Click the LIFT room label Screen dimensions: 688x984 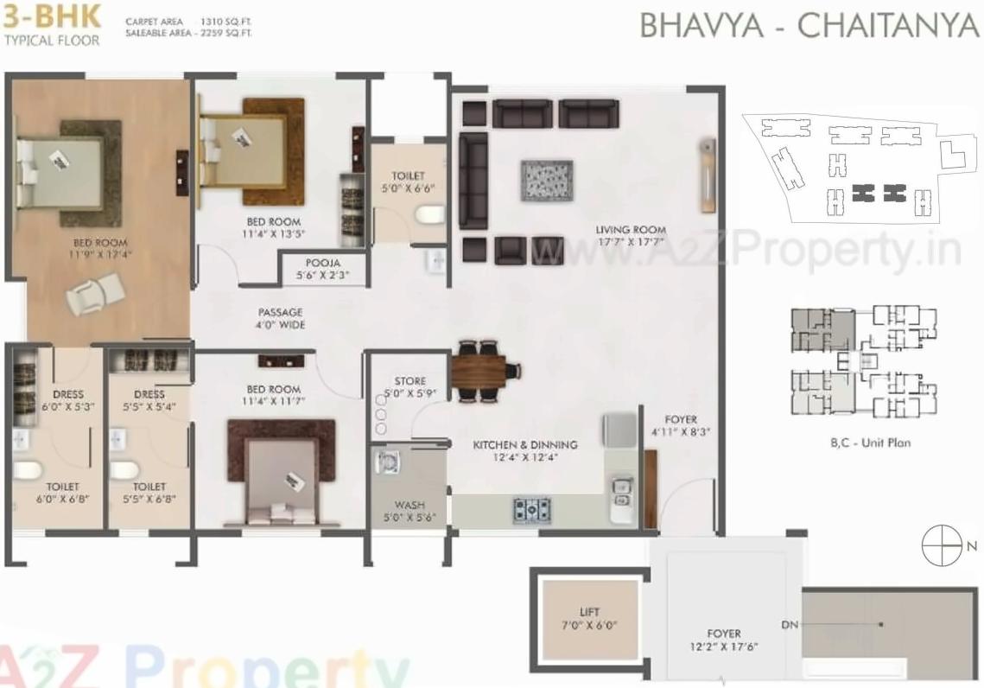click(590, 613)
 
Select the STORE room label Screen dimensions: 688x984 click(409, 381)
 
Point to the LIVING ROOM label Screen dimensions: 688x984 click(631, 230)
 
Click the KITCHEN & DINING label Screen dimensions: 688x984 click(524, 445)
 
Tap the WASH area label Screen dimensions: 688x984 click(409, 505)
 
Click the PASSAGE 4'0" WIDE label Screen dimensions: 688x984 click(281, 312)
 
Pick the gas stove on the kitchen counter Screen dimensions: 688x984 click(532, 509)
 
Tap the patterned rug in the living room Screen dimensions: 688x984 click(546, 181)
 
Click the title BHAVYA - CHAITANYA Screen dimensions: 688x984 click(809, 26)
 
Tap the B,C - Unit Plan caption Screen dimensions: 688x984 click(870, 443)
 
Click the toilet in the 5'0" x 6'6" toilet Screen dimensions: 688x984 click(429, 213)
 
